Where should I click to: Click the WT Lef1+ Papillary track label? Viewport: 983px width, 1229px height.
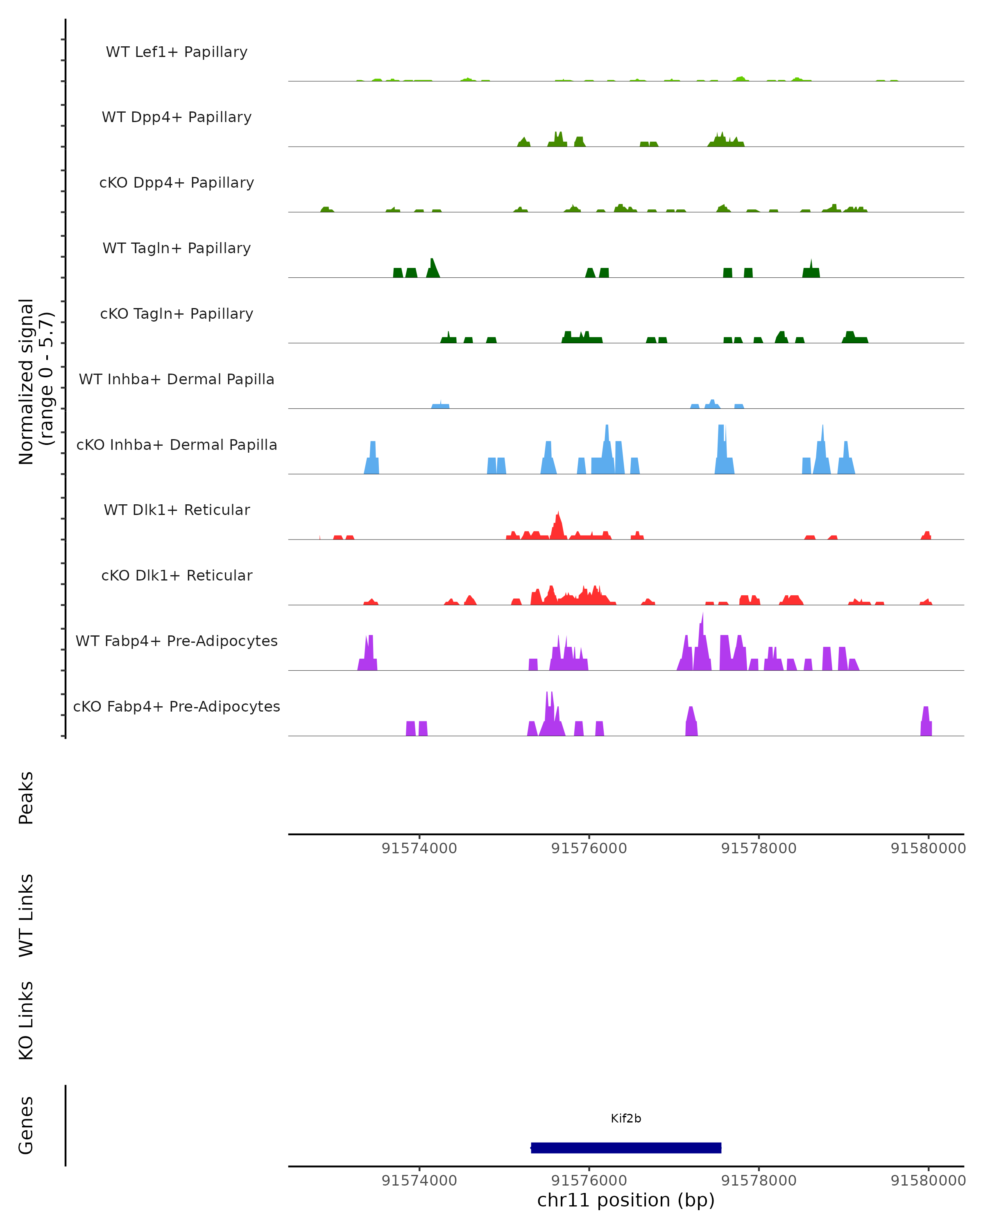(177, 52)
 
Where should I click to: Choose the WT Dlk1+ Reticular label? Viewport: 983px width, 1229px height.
(177, 510)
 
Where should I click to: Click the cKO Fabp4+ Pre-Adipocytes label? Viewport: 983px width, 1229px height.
(177, 706)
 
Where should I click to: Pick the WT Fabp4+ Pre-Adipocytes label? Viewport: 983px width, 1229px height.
(177, 641)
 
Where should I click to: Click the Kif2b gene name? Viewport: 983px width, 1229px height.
(626, 1118)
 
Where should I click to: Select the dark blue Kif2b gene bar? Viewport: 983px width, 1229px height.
(626, 1147)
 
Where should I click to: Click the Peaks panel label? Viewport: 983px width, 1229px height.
(26, 798)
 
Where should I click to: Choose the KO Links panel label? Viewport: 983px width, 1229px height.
(26, 1020)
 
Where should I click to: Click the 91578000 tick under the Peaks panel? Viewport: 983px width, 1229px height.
(759, 848)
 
